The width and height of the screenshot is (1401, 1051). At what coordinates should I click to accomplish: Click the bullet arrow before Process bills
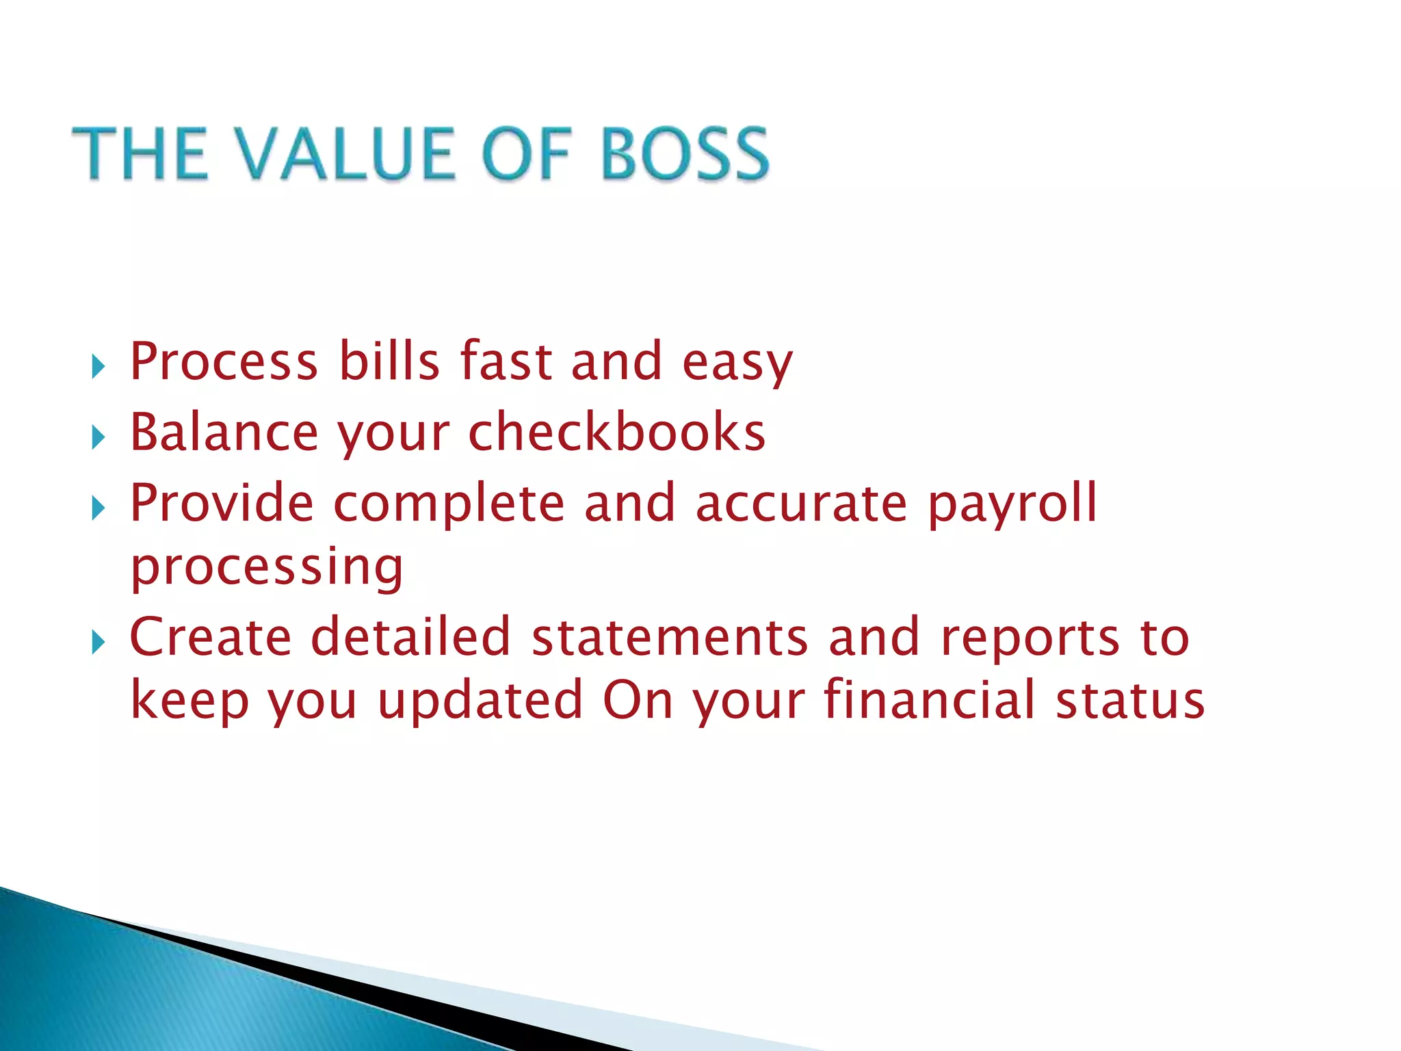99,367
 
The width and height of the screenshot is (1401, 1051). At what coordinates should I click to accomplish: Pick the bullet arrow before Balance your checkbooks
99,438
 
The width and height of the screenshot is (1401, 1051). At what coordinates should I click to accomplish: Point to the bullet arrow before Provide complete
99,508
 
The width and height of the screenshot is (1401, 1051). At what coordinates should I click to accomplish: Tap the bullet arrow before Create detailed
99,643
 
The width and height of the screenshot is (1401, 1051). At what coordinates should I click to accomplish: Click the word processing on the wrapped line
267,568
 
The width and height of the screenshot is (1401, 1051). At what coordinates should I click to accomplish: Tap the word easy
737,363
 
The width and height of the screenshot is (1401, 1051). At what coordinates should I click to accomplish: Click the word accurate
801,504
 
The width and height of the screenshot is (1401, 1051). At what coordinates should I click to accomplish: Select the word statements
670,638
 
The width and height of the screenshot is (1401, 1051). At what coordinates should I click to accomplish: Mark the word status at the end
1129,701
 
